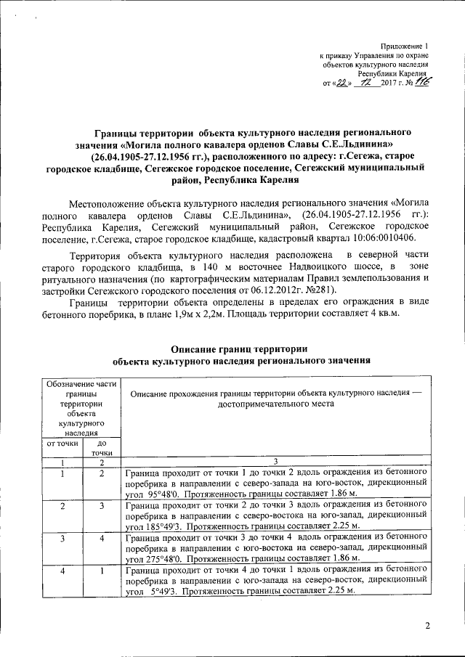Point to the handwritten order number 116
tap(421, 82)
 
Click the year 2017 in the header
tap(384, 83)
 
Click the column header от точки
tap(62, 442)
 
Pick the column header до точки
tap(102, 447)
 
